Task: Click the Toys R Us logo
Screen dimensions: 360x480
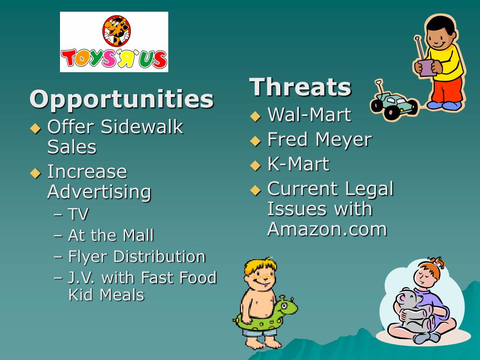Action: point(114,42)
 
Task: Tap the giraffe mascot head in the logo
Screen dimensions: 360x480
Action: point(116,29)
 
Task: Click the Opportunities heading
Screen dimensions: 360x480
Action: point(121,99)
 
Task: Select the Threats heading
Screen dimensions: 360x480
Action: point(300,87)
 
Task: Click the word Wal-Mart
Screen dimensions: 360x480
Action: point(309,115)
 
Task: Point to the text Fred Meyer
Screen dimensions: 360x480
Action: point(319,139)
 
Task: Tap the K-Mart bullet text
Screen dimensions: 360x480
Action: point(298,164)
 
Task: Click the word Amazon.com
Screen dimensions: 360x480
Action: point(327,229)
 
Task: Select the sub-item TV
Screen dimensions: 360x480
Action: point(78,214)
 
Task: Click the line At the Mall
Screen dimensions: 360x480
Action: point(111,235)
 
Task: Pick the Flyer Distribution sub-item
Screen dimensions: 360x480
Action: point(136,256)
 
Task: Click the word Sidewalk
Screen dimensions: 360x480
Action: point(142,127)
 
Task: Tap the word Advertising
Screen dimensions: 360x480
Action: point(99,192)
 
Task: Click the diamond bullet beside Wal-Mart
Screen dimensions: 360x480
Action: point(255,116)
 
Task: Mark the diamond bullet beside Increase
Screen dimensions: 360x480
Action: point(36,173)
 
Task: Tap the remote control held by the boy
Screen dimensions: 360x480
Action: point(427,67)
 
